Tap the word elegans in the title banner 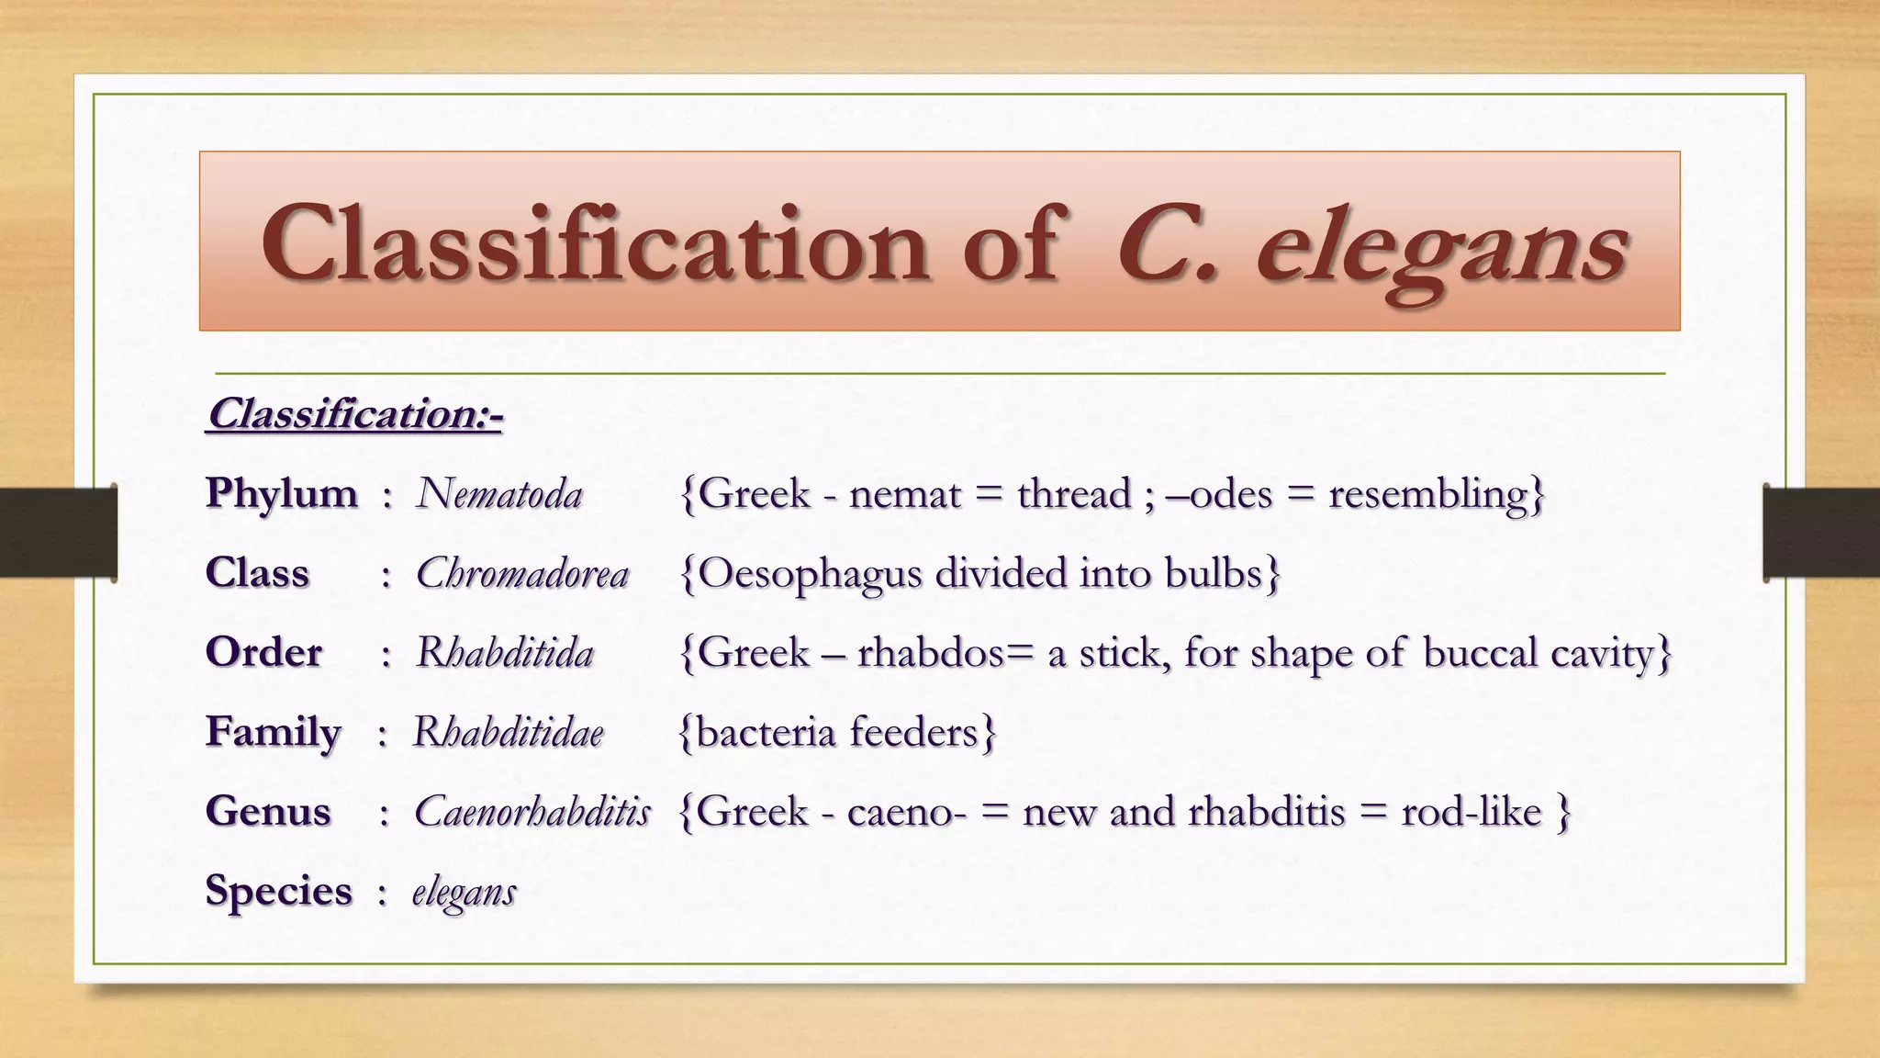1441,248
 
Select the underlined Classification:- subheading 354,414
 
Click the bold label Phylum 281,494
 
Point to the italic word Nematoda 499,494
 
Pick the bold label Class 257,573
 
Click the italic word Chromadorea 522,574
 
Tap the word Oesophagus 810,575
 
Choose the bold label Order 263,653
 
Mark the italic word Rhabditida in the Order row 505,653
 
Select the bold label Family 273,732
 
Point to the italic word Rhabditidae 508,732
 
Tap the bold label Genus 267,812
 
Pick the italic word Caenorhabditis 532,812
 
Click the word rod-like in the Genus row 1471,812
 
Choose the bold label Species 278,891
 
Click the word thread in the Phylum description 1074,494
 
